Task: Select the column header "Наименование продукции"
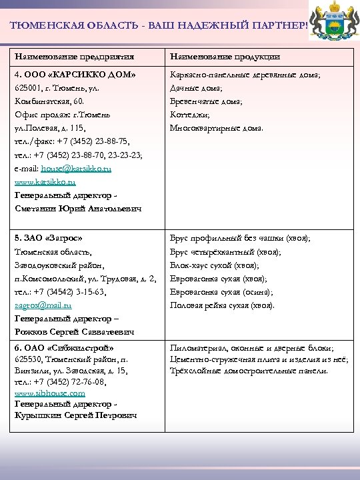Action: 225,57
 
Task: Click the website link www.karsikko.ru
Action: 45,181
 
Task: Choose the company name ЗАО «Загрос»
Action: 48,238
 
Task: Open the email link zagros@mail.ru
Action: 43,305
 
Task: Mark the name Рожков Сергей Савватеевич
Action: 74,332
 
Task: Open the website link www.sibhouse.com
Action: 49,393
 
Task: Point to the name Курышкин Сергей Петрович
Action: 75,415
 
